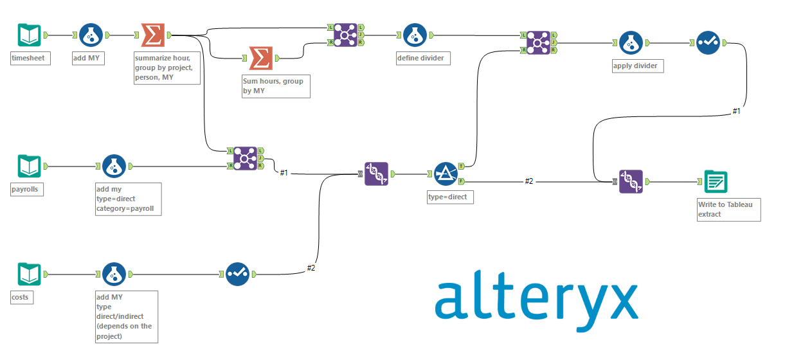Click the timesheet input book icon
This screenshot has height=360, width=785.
tap(29, 35)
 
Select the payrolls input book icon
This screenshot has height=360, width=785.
tap(29, 166)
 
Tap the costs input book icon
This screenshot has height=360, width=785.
tap(29, 274)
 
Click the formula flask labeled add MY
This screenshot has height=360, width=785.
tap(91, 35)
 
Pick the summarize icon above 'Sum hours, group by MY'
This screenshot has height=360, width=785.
tap(260, 59)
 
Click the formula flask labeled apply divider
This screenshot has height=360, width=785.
tap(631, 43)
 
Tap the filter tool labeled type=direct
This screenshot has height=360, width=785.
tap(446, 174)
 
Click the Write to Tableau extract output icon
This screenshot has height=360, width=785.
tap(716, 182)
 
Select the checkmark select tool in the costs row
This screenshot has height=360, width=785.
tap(237, 274)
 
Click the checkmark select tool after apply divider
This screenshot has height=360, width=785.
tap(708, 43)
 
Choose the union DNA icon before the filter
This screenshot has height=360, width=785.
tap(376, 174)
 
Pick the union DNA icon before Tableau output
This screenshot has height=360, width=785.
tap(631, 182)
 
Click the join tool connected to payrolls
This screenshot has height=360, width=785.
tap(245, 158)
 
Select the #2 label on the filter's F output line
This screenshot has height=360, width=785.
tap(528, 181)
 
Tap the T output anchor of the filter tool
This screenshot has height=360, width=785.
tap(461, 166)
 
